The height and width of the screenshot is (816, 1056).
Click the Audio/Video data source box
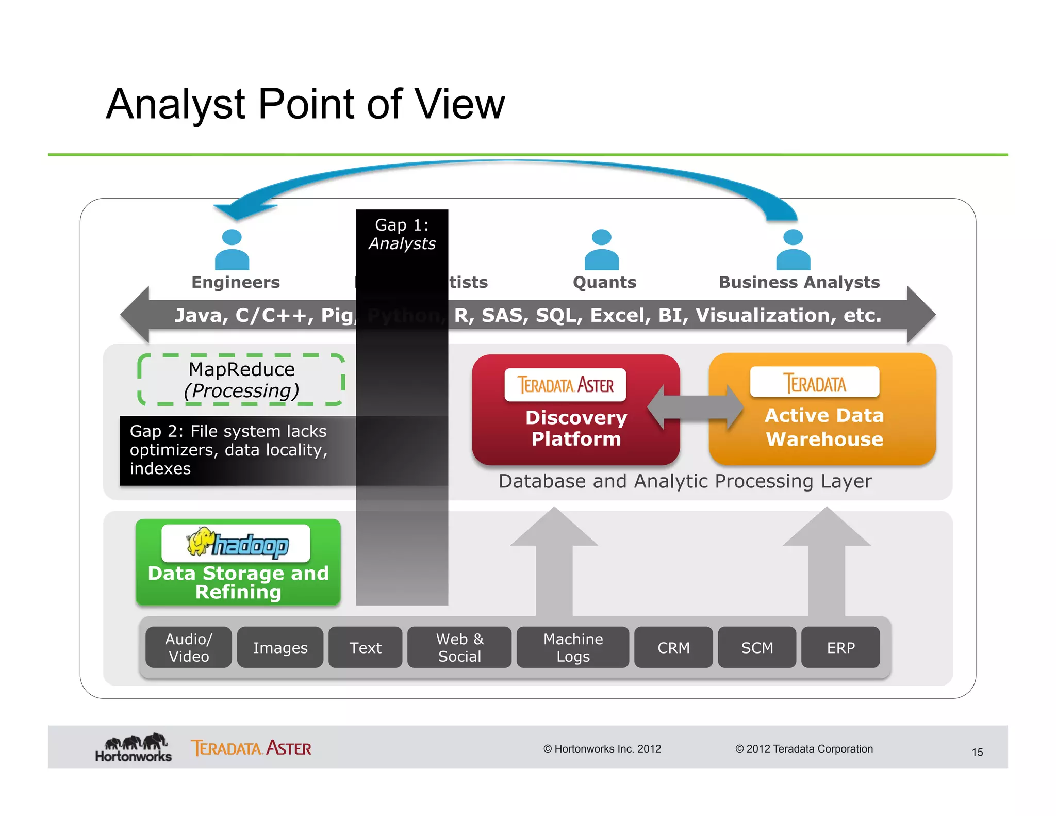(x=188, y=647)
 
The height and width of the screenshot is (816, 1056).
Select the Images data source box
(x=280, y=647)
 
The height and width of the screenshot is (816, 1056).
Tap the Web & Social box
(x=459, y=647)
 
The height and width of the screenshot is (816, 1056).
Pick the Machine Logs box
(x=573, y=647)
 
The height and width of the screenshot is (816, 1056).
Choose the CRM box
(x=673, y=647)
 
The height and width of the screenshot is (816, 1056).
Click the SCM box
(x=757, y=647)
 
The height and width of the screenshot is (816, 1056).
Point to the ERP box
(x=840, y=647)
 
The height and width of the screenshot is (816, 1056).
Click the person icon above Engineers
(x=232, y=250)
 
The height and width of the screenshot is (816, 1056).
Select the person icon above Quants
(x=602, y=250)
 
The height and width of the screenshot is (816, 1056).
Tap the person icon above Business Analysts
(x=793, y=250)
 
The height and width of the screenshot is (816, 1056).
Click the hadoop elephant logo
(x=201, y=542)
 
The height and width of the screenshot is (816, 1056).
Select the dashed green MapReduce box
(x=241, y=380)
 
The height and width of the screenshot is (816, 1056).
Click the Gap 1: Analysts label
(x=402, y=234)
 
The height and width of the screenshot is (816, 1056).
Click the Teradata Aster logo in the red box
(x=565, y=385)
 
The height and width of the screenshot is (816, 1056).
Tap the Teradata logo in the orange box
(x=815, y=383)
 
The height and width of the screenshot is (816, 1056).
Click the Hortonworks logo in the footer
(x=134, y=747)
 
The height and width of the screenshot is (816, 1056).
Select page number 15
(x=977, y=752)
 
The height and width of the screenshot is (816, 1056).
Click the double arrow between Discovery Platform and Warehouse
(x=695, y=407)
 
